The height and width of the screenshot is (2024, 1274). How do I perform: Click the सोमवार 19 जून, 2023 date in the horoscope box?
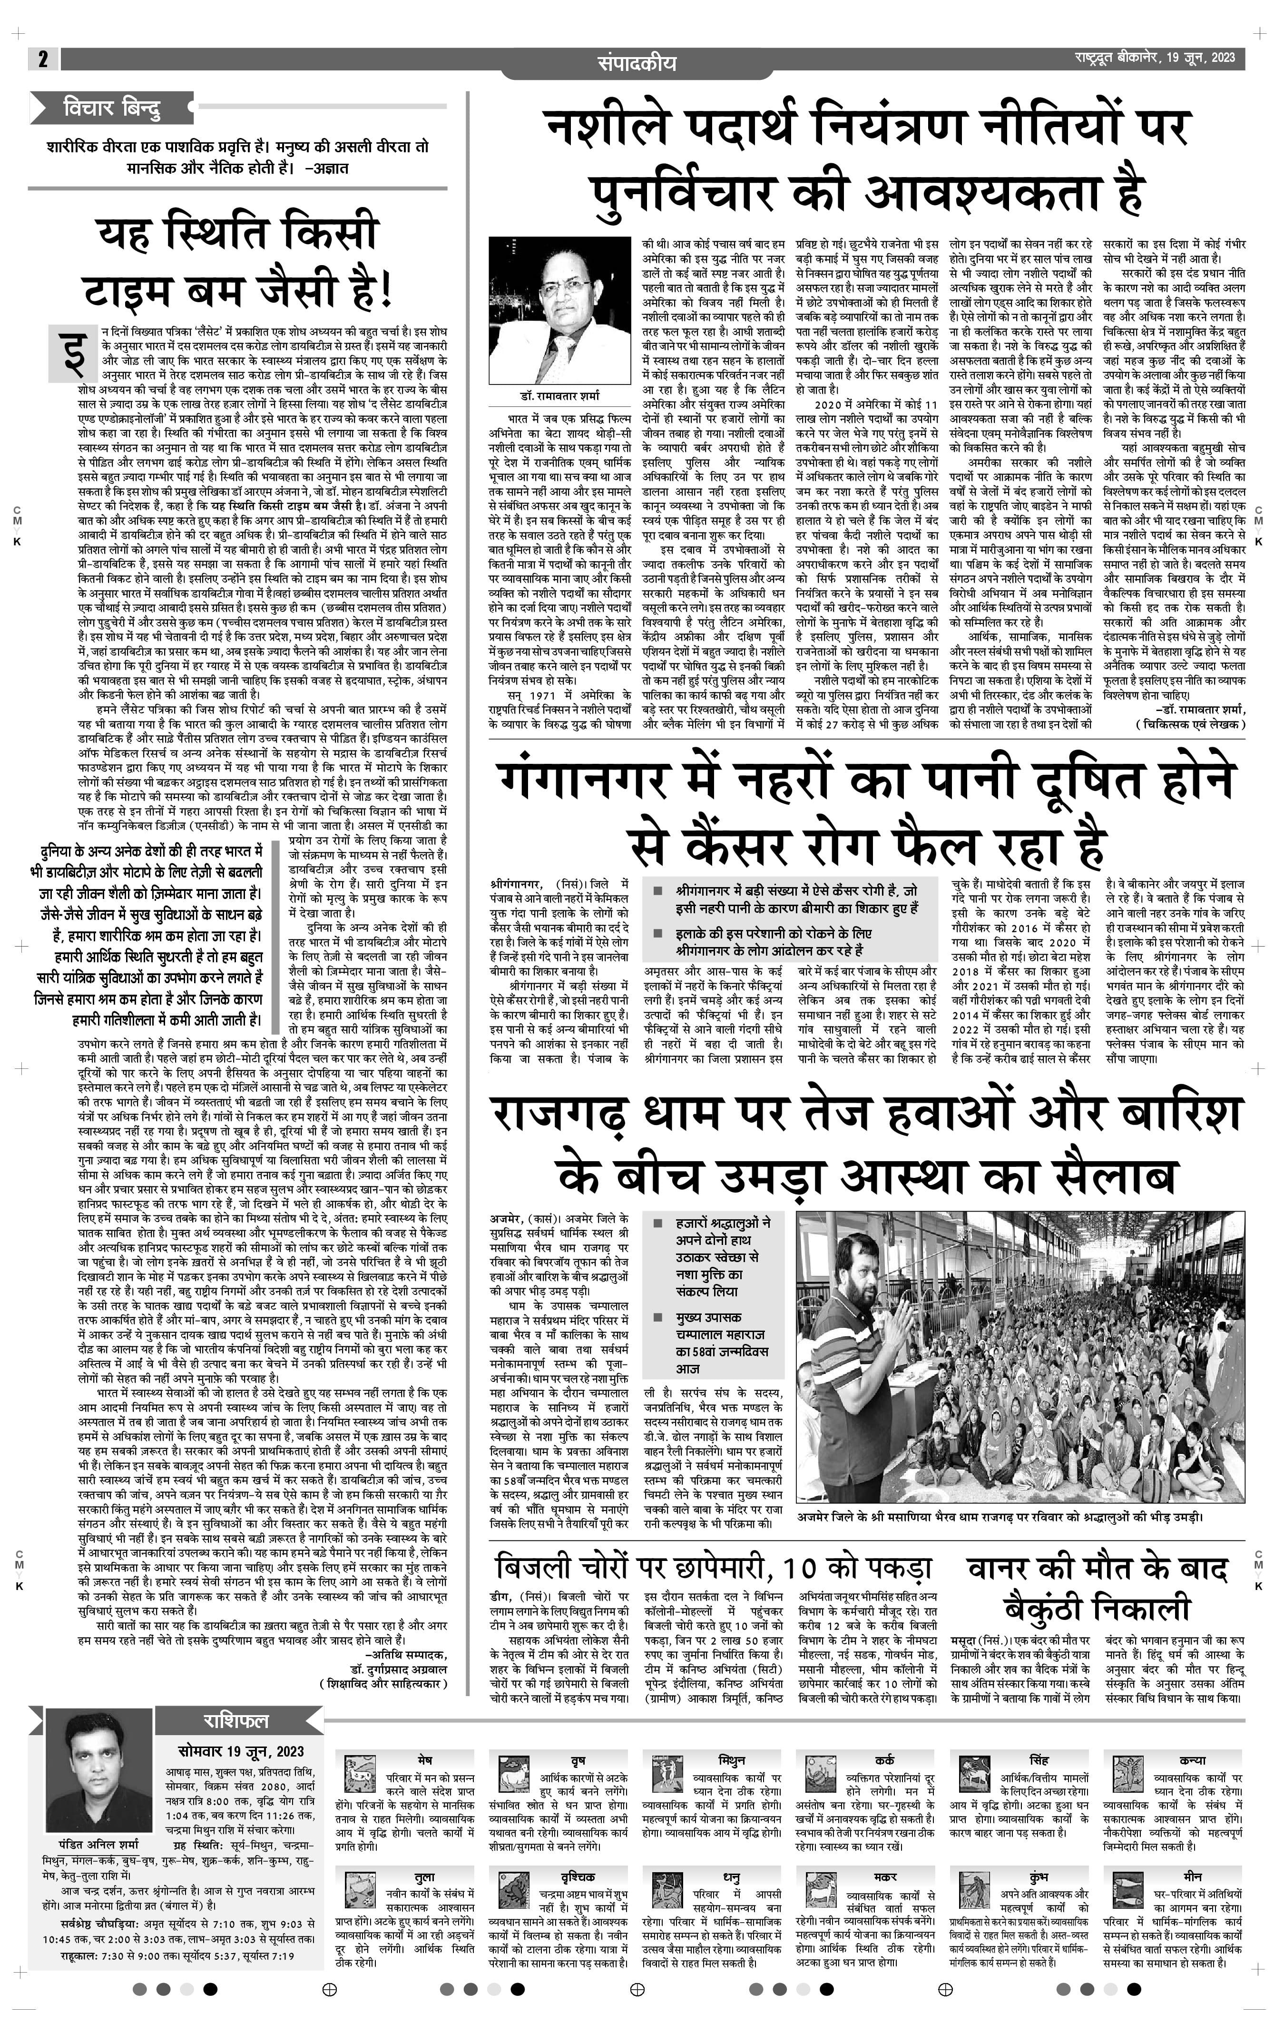click(x=240, y=1751)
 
